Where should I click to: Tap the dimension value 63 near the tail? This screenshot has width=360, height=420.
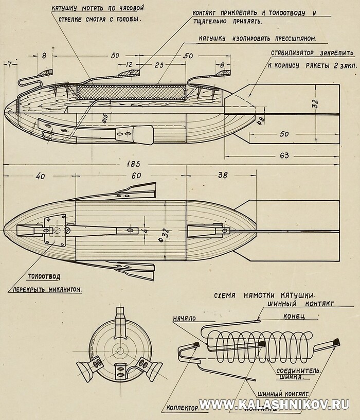click(x=284, y=155)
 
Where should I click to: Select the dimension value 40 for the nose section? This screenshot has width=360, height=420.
click(x=40, y=176)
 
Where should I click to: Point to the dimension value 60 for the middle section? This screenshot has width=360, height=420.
click(x=135, y=176)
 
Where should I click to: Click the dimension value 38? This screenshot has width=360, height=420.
click(x=222, y=175)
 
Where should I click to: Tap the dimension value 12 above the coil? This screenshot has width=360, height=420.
click(x=130, y=65)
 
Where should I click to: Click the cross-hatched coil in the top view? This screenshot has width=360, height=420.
click(x=131, y=92)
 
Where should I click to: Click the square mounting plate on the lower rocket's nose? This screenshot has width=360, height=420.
click(x=55, y=230)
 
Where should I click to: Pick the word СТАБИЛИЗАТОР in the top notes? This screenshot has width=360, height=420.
click(x=292, y=53)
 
